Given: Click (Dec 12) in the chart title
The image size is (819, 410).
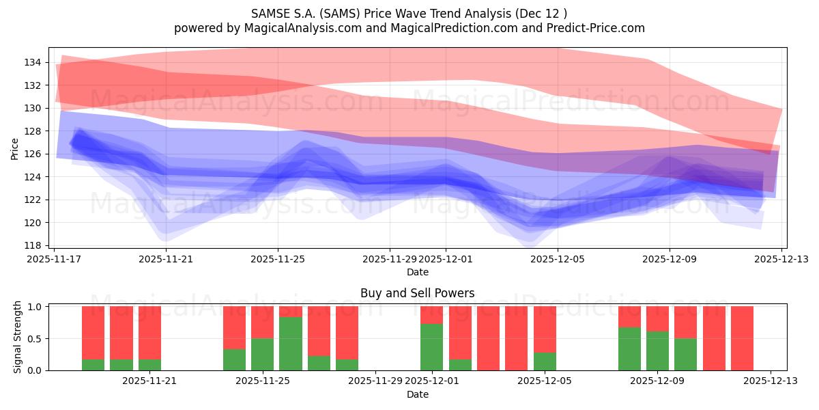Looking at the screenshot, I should (x=543, y=13).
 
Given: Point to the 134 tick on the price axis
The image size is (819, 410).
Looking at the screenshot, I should (x=33, y=62).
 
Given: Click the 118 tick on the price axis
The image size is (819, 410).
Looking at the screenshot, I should (x=33, y=245).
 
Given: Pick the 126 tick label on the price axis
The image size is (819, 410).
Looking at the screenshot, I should (x=33, y=154).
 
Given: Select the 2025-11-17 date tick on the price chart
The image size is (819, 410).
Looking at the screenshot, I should (x=55, y=259).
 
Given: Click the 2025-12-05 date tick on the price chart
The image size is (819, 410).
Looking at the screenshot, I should (x=558, y=259).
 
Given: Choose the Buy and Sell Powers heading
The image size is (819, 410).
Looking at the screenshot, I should (x=417, y=293).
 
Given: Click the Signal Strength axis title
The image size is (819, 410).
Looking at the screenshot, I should (x=18, y=338).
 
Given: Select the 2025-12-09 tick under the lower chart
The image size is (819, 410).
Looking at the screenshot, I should (x=657, y=381).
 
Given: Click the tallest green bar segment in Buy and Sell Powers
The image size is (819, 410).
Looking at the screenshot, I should (x=291, y=344).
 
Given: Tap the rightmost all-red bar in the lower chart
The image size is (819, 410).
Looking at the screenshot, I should (x=742, y=338).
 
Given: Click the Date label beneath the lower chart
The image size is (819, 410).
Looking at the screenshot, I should (x=417, y=394).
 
